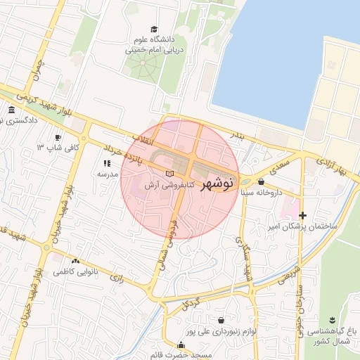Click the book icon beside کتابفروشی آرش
click(x=168, y=174)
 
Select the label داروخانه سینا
click(x=261, y=192)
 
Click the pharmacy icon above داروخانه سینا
click(x=262, y=181)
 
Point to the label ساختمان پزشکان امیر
click(x=303, y=227)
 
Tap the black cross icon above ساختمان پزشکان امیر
click(x=302, y=215)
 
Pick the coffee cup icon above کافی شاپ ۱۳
click(x=58, y=137)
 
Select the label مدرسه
click(x=106, y=174)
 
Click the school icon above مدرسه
click(x=107, y=163)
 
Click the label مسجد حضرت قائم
click(x=183, y=356)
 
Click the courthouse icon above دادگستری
click(x=11, y=110)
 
